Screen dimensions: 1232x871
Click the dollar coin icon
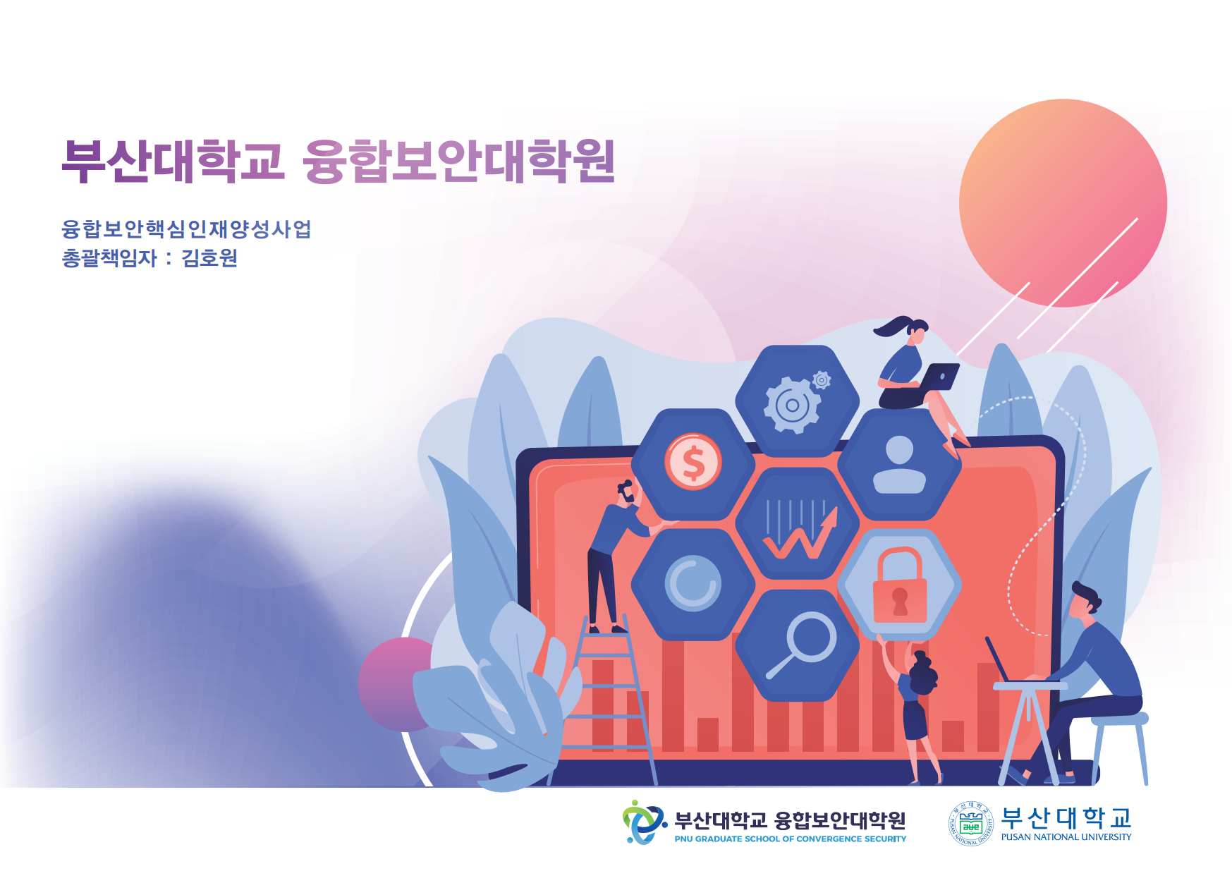pyautogui.click(x=693, y=462)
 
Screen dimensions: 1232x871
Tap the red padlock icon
pyautogui.click(x=900, y=585)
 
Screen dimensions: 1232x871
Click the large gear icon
pyautogui.click(x=793, y=404)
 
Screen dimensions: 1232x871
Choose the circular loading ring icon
pyautogui.click(x=693, y=583)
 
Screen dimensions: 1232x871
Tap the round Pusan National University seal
pyautogui.click(x=971, y=823)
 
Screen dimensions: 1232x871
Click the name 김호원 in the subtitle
pyautogui.click(x=209, y=258)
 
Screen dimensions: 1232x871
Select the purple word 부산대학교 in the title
pyautogui.click(x=173, y=161)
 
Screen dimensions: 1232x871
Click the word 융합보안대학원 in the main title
pyautogui.click(x=459, y=161)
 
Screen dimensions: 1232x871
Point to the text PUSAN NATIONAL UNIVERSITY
pyautogui.click(x=1066, y=837)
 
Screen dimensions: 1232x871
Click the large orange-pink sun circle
pyautogui.click(x=1063, y=203)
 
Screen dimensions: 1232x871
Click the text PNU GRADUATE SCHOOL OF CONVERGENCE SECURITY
pyautogui.click(x=790, y=839)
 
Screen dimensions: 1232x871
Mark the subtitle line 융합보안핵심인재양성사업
pyautogui.click(x=186, y=229)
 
